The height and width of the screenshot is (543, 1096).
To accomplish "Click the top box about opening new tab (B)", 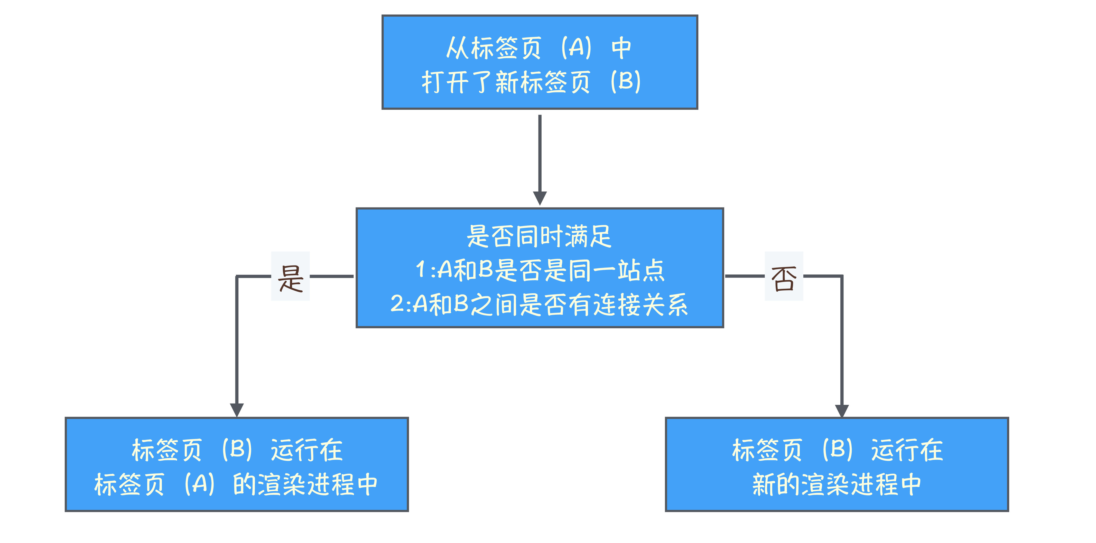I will [x=540, y=62].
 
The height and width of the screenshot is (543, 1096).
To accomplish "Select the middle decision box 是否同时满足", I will [x=540, y=268].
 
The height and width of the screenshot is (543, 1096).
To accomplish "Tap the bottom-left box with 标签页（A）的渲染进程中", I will [x=237, y=464].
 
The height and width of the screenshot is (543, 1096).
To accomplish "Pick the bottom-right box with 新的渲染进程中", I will [x=837, y=464].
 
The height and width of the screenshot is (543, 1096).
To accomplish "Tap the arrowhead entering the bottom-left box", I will [x=237, y=409].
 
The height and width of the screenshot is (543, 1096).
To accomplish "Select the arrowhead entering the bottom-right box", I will [x=842, y=410].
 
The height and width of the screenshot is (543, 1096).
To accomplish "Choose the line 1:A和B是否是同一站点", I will [x=540, y=270].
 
